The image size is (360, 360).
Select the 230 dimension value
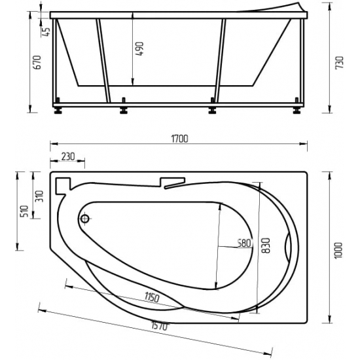point(68,157)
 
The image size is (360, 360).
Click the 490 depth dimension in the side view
point(139,48)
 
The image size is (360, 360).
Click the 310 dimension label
point(39,195)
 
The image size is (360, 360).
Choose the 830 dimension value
point(266,243)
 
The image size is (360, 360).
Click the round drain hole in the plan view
point(85,220)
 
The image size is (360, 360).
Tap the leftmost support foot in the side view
point(60,109)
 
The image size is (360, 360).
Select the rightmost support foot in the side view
point(299,109)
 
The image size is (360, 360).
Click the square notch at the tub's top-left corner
point(63,187)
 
